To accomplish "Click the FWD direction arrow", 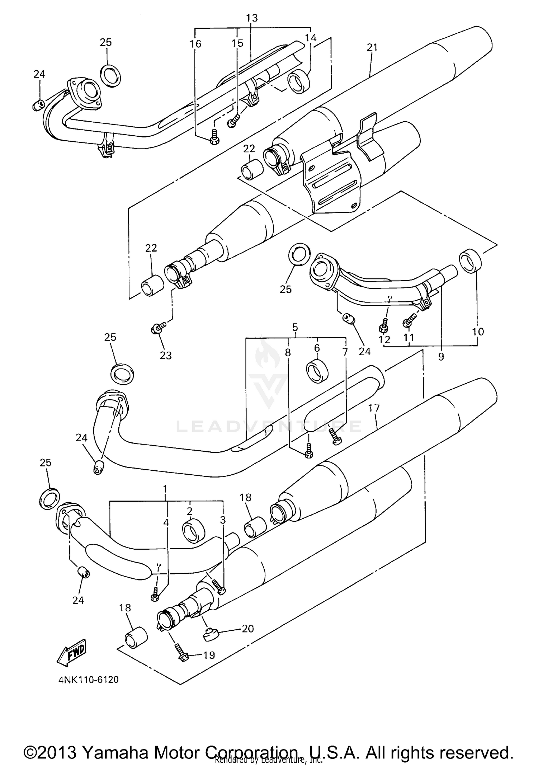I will pos(71,652).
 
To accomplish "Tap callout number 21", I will pos(372,47).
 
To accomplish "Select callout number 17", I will pos(374,408).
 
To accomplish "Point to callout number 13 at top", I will pos(252,18).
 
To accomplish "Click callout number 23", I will pos(166,355).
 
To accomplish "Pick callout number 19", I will pos(209,655).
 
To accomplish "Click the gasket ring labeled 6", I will pos(316,370).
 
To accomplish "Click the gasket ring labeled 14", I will pos(298,82).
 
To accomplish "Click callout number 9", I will pos(441,356).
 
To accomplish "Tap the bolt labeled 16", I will pos(214,137).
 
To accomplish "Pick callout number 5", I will pos(295,327).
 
